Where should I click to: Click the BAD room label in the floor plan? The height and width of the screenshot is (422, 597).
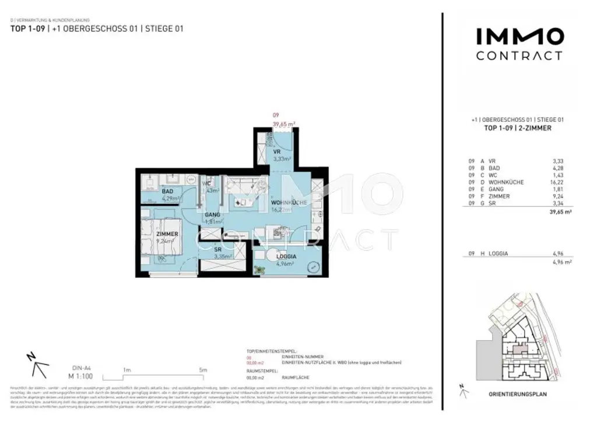click(167, 191)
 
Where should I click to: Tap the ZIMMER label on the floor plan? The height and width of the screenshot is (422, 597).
click(167, 234)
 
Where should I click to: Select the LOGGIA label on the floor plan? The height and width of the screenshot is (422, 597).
click(286, 256)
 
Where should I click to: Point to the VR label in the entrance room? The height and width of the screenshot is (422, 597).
click(277, 152)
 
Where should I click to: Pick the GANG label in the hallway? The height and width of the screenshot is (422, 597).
click(212, 214)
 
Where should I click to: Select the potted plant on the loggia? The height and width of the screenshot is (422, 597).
click(260, 269)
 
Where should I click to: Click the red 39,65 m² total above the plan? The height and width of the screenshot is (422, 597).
click(284, 124)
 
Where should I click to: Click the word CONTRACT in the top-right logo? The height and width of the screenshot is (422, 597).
click(519, 56)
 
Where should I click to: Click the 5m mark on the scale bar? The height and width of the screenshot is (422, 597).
click(203, 370)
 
